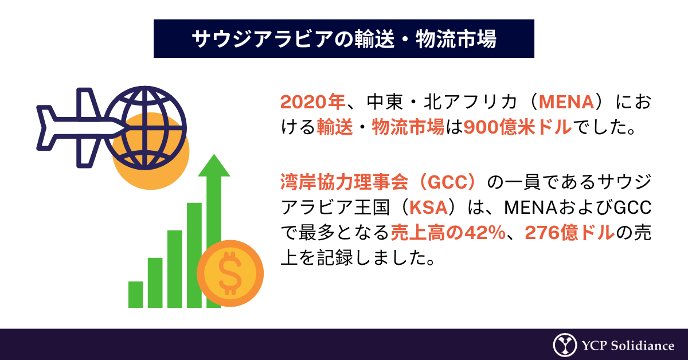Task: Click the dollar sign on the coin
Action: [x=230, y=273]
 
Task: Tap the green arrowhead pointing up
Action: [x=214, y=166]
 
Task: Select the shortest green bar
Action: [x=135, y=294]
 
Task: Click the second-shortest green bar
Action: [x=155, y=283]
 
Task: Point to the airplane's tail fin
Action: [x=46, y=128]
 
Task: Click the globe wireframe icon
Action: [x=145, y=128]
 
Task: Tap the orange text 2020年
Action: [x=312, y=102]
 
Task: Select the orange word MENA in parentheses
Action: [x=566, y=102]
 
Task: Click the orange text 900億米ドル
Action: [x=518, y=127]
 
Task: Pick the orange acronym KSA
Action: [x=428, y=208]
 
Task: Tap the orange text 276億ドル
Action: [x=570, y=233]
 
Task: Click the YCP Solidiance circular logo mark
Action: [x=565, y=345]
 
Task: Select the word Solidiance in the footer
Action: [x=643, y=346]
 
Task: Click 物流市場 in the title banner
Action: [x=456, y=39]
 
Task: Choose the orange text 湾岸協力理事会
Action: [x=345, y=182]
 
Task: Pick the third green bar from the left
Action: [x=175, y=269]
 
